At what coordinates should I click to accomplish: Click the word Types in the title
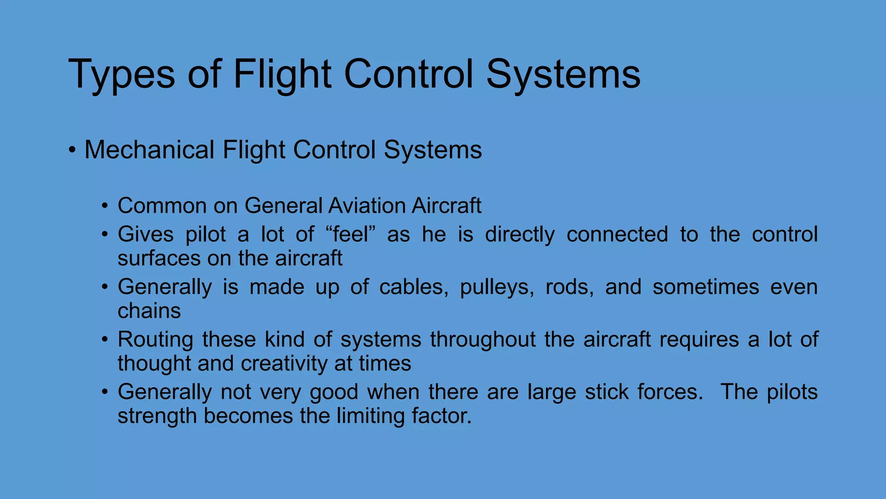122,75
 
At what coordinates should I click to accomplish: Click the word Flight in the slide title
282,75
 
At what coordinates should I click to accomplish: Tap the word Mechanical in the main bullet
149,150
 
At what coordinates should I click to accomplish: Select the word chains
149,311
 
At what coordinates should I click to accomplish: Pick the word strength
157,416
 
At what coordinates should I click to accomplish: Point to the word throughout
483,340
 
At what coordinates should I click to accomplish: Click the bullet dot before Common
104,206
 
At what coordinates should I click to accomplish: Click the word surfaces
159,259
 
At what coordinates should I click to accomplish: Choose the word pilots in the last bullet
792,392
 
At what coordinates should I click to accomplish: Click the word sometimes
706,287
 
